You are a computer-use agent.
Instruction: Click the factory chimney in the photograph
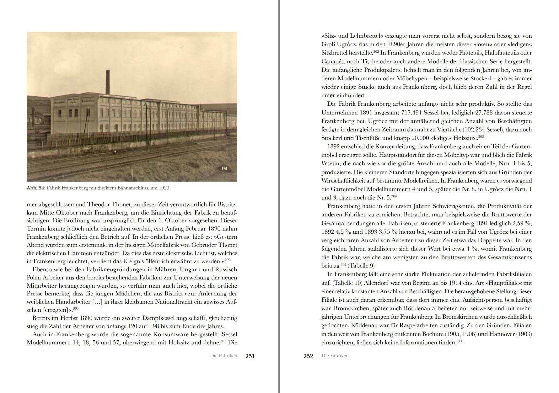coord(108,82)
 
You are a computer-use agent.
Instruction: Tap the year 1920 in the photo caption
coord(164,188)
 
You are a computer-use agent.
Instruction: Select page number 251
coord(250,356)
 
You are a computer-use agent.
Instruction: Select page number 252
coord(308,356)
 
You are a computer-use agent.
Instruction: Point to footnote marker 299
coord(228,260)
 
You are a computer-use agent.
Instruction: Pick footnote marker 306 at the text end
coord(460,341)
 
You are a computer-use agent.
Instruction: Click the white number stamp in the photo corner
coord(224,168)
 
